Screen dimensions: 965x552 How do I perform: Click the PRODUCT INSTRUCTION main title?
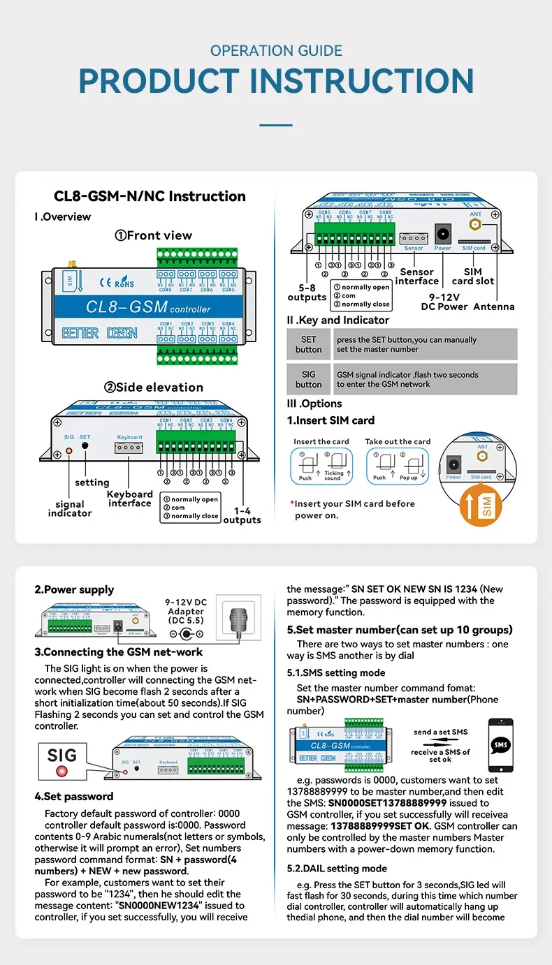click(x=276, y=81)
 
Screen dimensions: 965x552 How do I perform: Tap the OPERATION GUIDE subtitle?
click(x=276, y=51)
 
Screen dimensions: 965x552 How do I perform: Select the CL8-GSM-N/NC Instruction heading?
click(x=150, y=196)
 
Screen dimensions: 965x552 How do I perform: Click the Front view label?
click(x=153, y=235)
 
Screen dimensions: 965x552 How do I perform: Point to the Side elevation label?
click(x=154, y=388)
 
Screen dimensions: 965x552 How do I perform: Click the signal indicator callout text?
click(x=70, y=508)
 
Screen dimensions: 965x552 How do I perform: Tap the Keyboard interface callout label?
click(x=129, y=499)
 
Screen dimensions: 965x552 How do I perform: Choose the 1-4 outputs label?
click(x=242, y=515)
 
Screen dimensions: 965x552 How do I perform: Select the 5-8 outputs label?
click(x=307, y=293)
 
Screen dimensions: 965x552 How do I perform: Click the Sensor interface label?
click(x=417, y=277)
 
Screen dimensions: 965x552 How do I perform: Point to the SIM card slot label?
click(x=473, y=277)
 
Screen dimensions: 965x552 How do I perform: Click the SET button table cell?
click(x=308, y=344)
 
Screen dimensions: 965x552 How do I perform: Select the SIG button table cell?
click(x=308, y=379)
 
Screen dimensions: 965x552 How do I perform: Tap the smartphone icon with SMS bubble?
click(x=500, y=744)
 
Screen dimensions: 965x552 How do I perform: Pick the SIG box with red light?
click(x=62, y=761)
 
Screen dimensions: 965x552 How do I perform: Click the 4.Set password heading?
click(x=74, y=797)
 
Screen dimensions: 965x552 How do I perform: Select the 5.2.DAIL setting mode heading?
click(x=337, y=869)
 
